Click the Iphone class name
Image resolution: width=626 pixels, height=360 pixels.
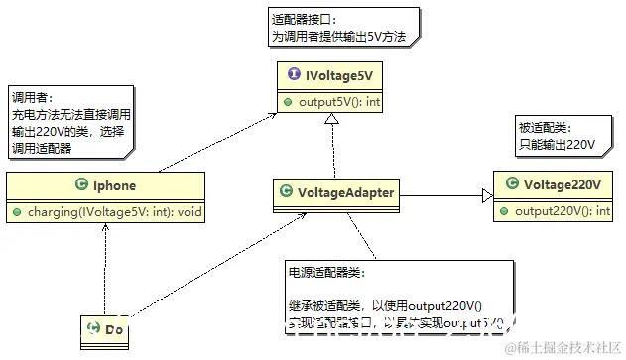tap(113, 185)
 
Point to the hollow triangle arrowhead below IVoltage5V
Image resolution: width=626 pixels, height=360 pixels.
tap(334, 120)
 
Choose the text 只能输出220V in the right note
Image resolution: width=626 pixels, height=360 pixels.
tap(557, 145)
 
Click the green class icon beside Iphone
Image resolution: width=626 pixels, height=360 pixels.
tap(80, 185)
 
